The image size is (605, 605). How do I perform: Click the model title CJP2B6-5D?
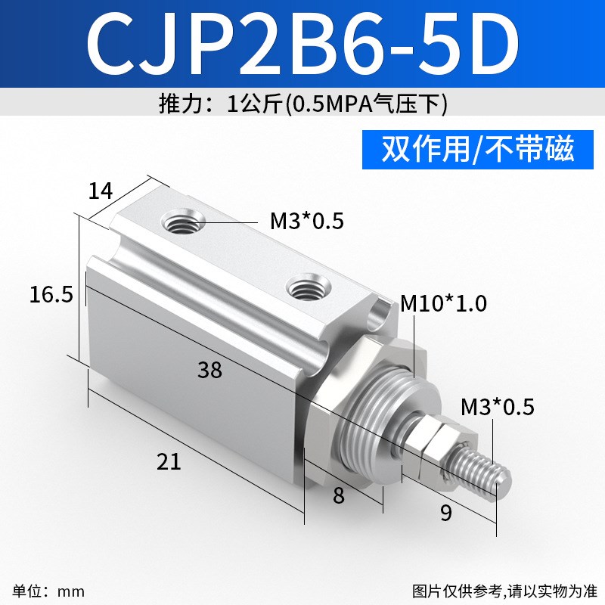pyautogui.click(x=302, y=43)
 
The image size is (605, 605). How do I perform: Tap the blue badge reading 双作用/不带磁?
pyautogui.click(x=478, y=148)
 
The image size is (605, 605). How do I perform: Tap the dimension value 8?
pyautogui.click(x=338, y=496)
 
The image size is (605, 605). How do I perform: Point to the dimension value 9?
pyautogui.click(x=445, y=513)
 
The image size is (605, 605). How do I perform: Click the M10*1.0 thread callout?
pyautogui.click(x=444, y=304)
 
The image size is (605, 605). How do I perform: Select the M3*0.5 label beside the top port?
pyautogui.click(x=307, y=222)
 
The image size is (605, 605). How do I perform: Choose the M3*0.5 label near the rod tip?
pyautogui.click(x=498, y=408)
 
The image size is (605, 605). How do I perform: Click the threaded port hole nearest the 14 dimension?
pyautogui.click(x=183, y=224)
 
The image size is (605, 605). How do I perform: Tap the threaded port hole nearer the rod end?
pyautogui.click(x=306, y=287)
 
